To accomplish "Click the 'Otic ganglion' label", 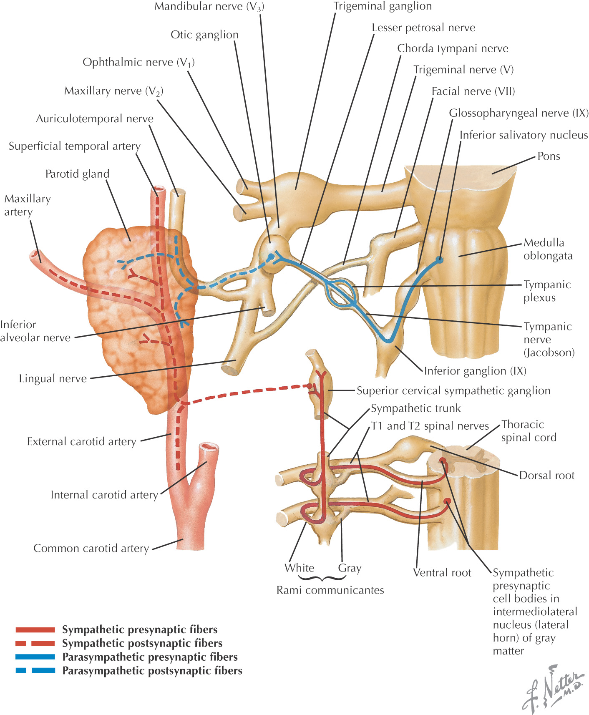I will [x=204, y=35].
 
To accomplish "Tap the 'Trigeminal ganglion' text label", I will [x=383, y=6].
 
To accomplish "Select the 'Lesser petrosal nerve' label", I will [x=423, y=28].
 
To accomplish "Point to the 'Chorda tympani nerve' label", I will [x=453, y=49].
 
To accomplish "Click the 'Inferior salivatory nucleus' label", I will [x=524, y=135].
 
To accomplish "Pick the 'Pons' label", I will [x=549, y=156].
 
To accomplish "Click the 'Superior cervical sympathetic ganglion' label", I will [x=453, y=391].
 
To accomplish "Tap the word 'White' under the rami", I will [x=299, y=568].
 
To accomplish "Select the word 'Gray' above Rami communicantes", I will [x=350, y=568].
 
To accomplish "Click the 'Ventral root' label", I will [x=442, y=573].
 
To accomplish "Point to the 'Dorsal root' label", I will [x=546, y=476].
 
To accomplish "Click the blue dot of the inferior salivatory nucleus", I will [x=439, y=260].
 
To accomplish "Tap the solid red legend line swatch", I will [x=35, y=630].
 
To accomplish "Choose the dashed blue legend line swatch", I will [x=35, y=670].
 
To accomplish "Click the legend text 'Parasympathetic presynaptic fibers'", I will [x=150, y=657].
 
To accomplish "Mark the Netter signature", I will [x=553, y=688].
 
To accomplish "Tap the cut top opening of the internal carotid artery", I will [x=209, y=448].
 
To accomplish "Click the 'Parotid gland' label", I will [x=77, y=174].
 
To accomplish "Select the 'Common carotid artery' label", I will [x=91, y=549].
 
